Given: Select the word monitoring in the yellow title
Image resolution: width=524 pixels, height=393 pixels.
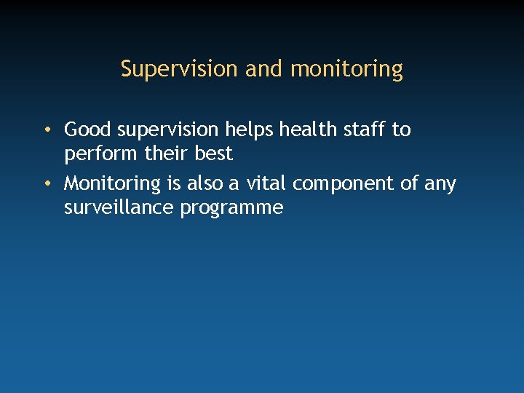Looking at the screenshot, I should [x=346, y=70].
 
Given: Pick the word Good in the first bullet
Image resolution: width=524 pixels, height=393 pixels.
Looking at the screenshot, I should [x=88, y=130].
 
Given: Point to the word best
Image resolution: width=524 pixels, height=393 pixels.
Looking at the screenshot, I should [x=213, y=154].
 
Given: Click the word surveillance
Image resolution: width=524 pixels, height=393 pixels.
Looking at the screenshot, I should [x=119, y=207].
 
